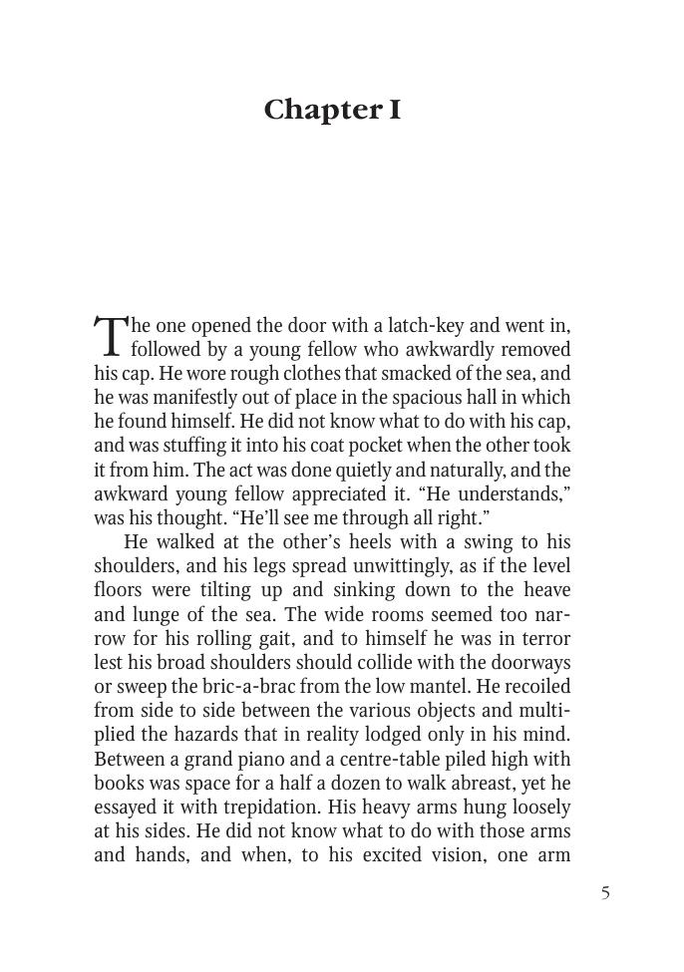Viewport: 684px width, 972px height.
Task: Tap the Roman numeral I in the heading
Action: pyautogui.click(x=394, y=110)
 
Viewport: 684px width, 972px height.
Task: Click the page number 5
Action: pyautogui.click(x=605, y=892)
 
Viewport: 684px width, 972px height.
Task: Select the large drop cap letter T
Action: pyautogui.click(x=110, y=336)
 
